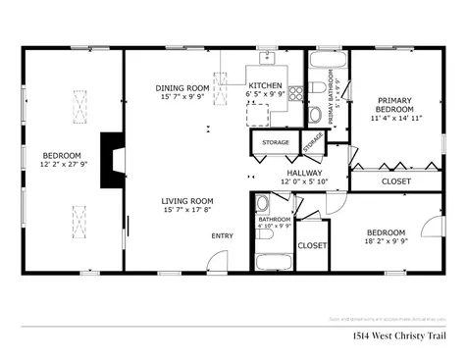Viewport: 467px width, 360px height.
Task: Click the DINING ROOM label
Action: (183, 88)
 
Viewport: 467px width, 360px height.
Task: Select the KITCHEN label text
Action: (265, 86)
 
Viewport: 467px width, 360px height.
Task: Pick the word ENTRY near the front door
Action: (222, 235)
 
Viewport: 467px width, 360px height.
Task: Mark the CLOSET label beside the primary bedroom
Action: (395, 181)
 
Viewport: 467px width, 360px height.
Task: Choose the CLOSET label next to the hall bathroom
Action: (312, 245)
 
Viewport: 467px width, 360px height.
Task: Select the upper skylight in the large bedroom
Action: (78, 103)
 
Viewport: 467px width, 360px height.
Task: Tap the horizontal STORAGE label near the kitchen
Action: (276, 143)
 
